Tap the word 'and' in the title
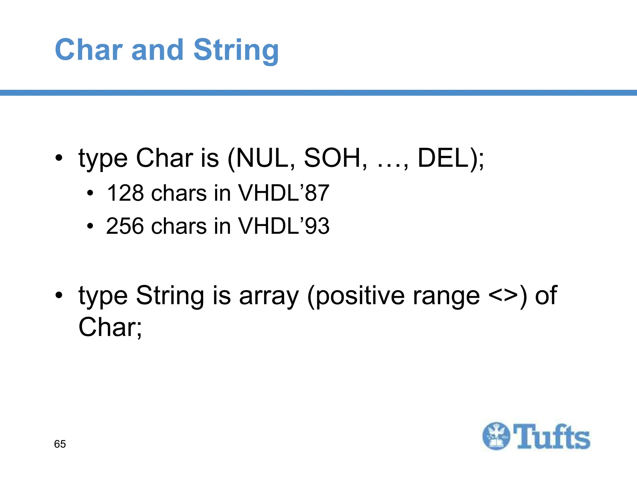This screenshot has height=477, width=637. pos(157,50)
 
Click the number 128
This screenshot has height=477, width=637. pos(125,193)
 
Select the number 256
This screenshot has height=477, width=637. pos(125,226)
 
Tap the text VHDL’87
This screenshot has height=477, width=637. pos(283,193)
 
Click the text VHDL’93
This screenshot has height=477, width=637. pos(283,226)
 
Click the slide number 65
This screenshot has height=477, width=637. pos(60,444)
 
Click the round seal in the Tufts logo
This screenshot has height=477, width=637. pos(496,436)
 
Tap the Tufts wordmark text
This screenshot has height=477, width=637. pos(551,437)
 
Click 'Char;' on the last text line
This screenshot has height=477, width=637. pos(110,327)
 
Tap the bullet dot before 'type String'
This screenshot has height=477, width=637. pos(59,295)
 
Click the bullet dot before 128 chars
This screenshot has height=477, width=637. pos(90,193)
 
